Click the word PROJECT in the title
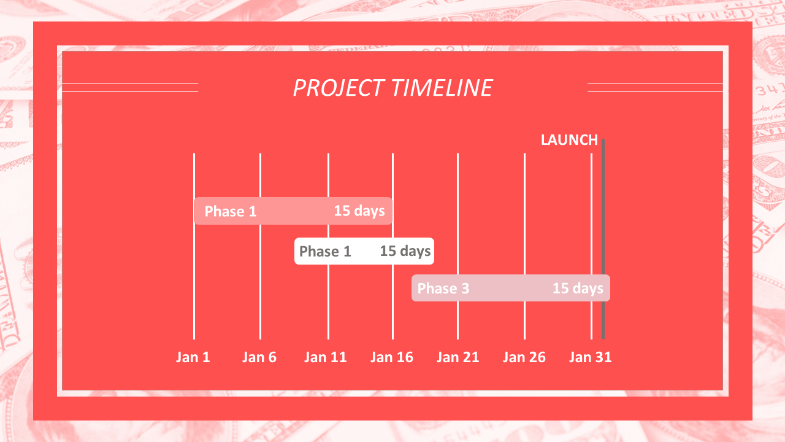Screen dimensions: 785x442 point(339,88)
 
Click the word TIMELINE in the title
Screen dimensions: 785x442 point(442,88)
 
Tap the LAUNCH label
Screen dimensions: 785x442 point(569,140)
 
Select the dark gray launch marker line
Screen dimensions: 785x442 point(603,239)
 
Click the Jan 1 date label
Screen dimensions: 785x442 point(193,357)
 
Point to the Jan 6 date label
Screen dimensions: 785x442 point(259,357)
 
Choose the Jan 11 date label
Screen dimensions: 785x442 point(325,357)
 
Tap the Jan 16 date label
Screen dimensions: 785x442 point(392,357)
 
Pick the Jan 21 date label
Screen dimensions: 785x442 point(458,357)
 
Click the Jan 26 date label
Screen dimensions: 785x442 point(524,357)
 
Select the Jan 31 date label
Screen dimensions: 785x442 point(590,357)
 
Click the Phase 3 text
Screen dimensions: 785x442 point(443,289)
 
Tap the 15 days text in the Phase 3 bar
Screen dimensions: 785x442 point(578,289)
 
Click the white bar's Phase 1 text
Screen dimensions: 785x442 point(325,251)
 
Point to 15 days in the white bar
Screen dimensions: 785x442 point(405,251)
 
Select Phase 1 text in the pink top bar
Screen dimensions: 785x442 point(231,211)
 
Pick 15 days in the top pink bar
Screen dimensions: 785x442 point(359,211)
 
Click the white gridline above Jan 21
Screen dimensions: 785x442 point(458,246)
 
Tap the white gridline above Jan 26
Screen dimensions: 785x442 point(524,246)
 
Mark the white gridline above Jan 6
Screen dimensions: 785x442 point(261,246)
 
